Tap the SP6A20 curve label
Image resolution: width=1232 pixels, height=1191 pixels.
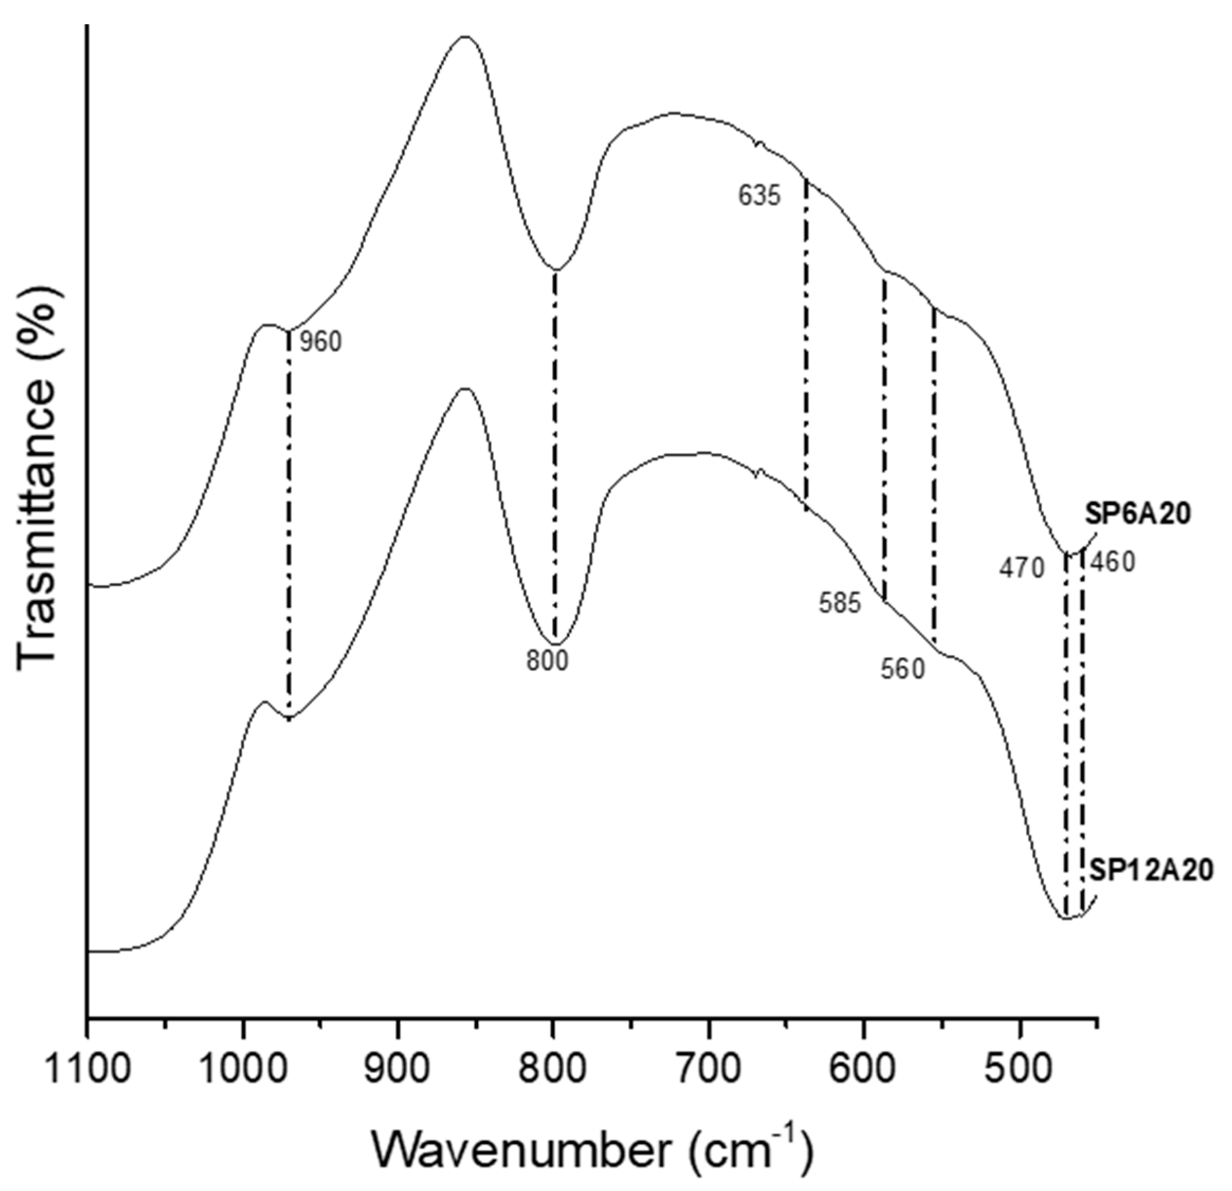point(1138,515)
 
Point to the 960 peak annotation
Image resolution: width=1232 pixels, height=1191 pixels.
point(320,343)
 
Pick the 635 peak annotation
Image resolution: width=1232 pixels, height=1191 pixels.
point(759,196)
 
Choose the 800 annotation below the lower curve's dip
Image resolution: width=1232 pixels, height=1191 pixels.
point(547,661)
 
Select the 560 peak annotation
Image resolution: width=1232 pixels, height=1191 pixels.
point(903,670)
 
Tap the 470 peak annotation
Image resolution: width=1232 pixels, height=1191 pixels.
point(1022,569)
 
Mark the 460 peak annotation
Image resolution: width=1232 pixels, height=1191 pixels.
point(1113,562)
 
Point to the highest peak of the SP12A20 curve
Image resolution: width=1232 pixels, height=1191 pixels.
point(465,389)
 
